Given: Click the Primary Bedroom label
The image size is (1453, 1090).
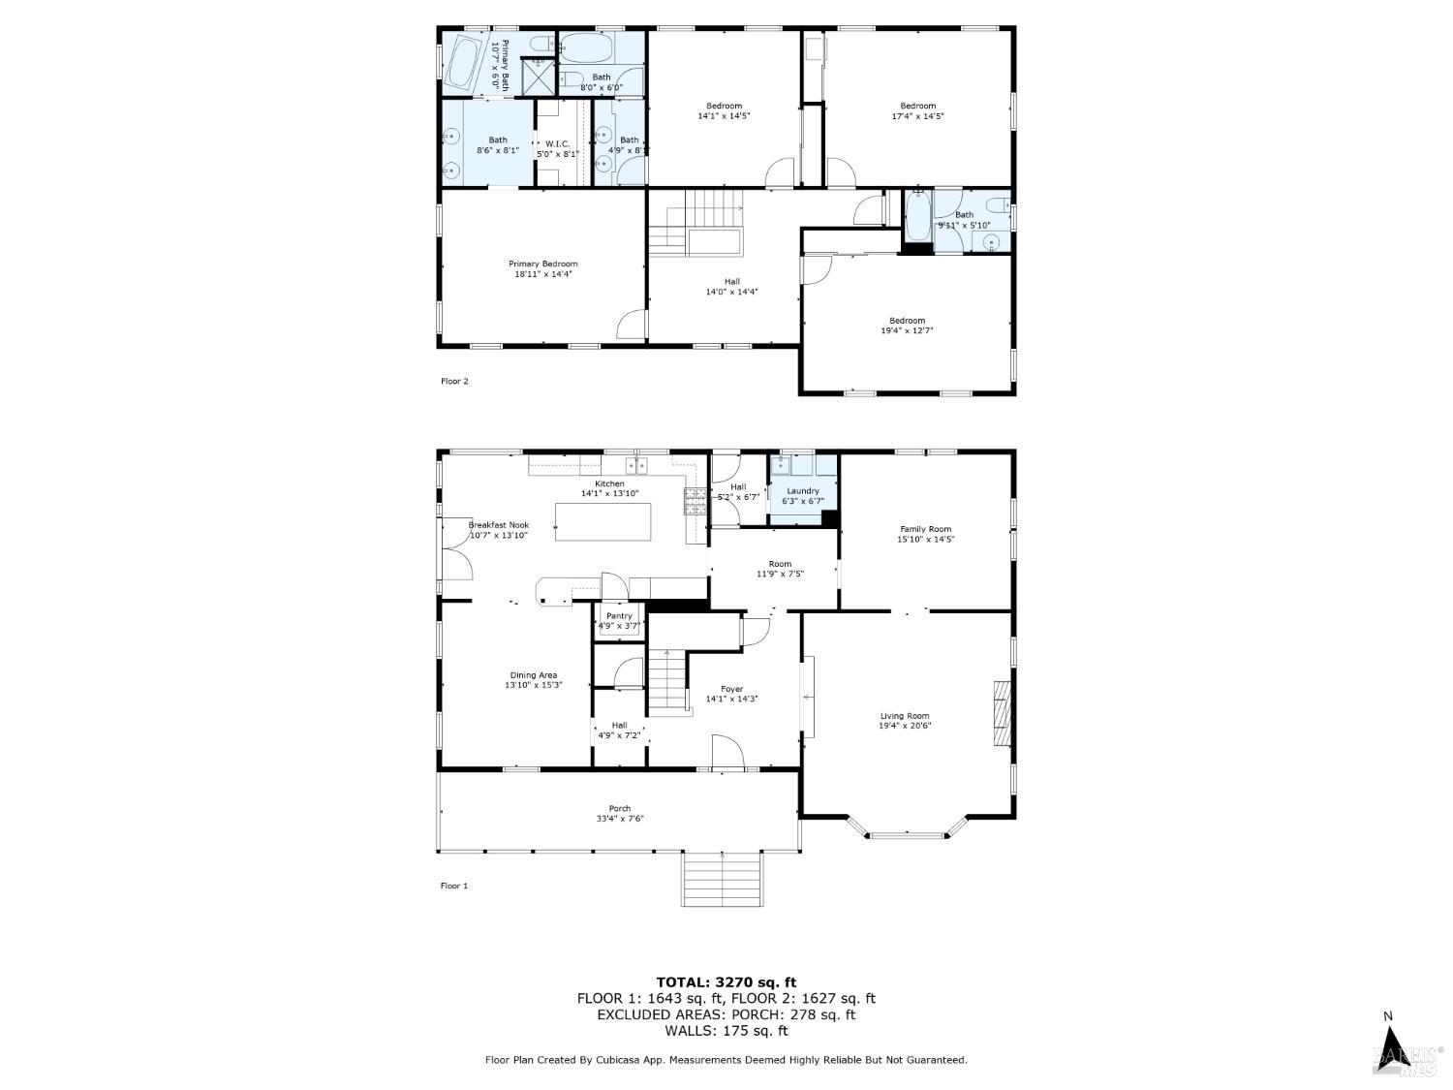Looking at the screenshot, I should tap(543, 264).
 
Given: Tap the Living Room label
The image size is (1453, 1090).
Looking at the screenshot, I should tap(904, 716).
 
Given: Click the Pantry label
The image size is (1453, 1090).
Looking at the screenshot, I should tap(619, 616).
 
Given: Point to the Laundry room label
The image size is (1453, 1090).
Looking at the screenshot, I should tap(803, 491).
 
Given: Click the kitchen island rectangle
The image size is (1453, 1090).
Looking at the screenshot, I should tap(603, 522).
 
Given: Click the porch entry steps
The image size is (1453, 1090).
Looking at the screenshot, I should tap(723, 879).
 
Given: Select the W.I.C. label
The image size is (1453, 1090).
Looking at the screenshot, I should tap(556, 143).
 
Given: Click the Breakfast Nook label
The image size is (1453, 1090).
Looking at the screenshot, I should tap(499, 525).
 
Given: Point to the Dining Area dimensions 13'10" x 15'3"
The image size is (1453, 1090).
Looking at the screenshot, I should tap(534, 685).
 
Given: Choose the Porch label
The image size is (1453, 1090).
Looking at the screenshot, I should tap(620, 809).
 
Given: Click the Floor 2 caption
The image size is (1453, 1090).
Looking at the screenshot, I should tap(454, 381).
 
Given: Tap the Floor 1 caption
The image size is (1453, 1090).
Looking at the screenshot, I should tap(454, 886).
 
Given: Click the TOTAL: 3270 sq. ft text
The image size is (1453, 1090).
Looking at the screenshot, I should tap(726, 982).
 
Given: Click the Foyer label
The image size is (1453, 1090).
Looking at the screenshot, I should tap(732, 689).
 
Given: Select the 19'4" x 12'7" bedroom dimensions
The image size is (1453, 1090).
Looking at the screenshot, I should tap(907, 330).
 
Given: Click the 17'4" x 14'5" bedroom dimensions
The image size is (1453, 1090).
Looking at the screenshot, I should tap(917, 116).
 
